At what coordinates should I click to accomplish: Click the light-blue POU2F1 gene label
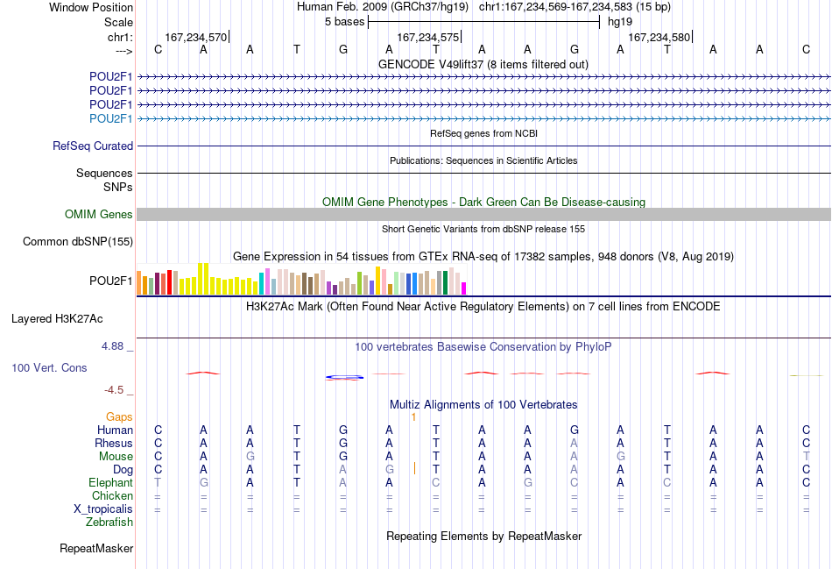click(x=110, y=118)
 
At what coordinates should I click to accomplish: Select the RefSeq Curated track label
click(x=93, y=146)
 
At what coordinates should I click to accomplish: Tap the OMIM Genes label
click(x=99, y=214)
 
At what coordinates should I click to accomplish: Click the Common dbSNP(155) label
click(x=78, y=242)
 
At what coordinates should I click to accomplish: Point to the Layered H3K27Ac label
click(x=57, y=319)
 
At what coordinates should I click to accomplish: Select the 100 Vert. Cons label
click(x=49, y=367)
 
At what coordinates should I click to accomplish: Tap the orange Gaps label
click(x=119, y=417)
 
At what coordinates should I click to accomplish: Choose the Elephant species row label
click(x=110, y=483)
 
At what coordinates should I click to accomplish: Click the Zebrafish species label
click(x=109, y=523)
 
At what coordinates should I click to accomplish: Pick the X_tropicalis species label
click(x=103, y=509)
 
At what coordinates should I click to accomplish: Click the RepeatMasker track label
click(x=96, y=548)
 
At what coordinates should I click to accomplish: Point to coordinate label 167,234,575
click(x=427, y=37)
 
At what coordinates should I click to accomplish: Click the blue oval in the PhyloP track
click(x=344, y=377)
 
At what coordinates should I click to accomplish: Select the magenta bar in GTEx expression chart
click(x=463, y=288)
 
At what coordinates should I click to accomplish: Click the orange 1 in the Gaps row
click(x=414, y=417)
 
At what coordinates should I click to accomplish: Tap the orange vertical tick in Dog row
click(x=414, y=468)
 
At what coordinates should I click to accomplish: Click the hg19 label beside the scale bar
click(x=620, y=22)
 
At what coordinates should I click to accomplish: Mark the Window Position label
click(x=91, y=7)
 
